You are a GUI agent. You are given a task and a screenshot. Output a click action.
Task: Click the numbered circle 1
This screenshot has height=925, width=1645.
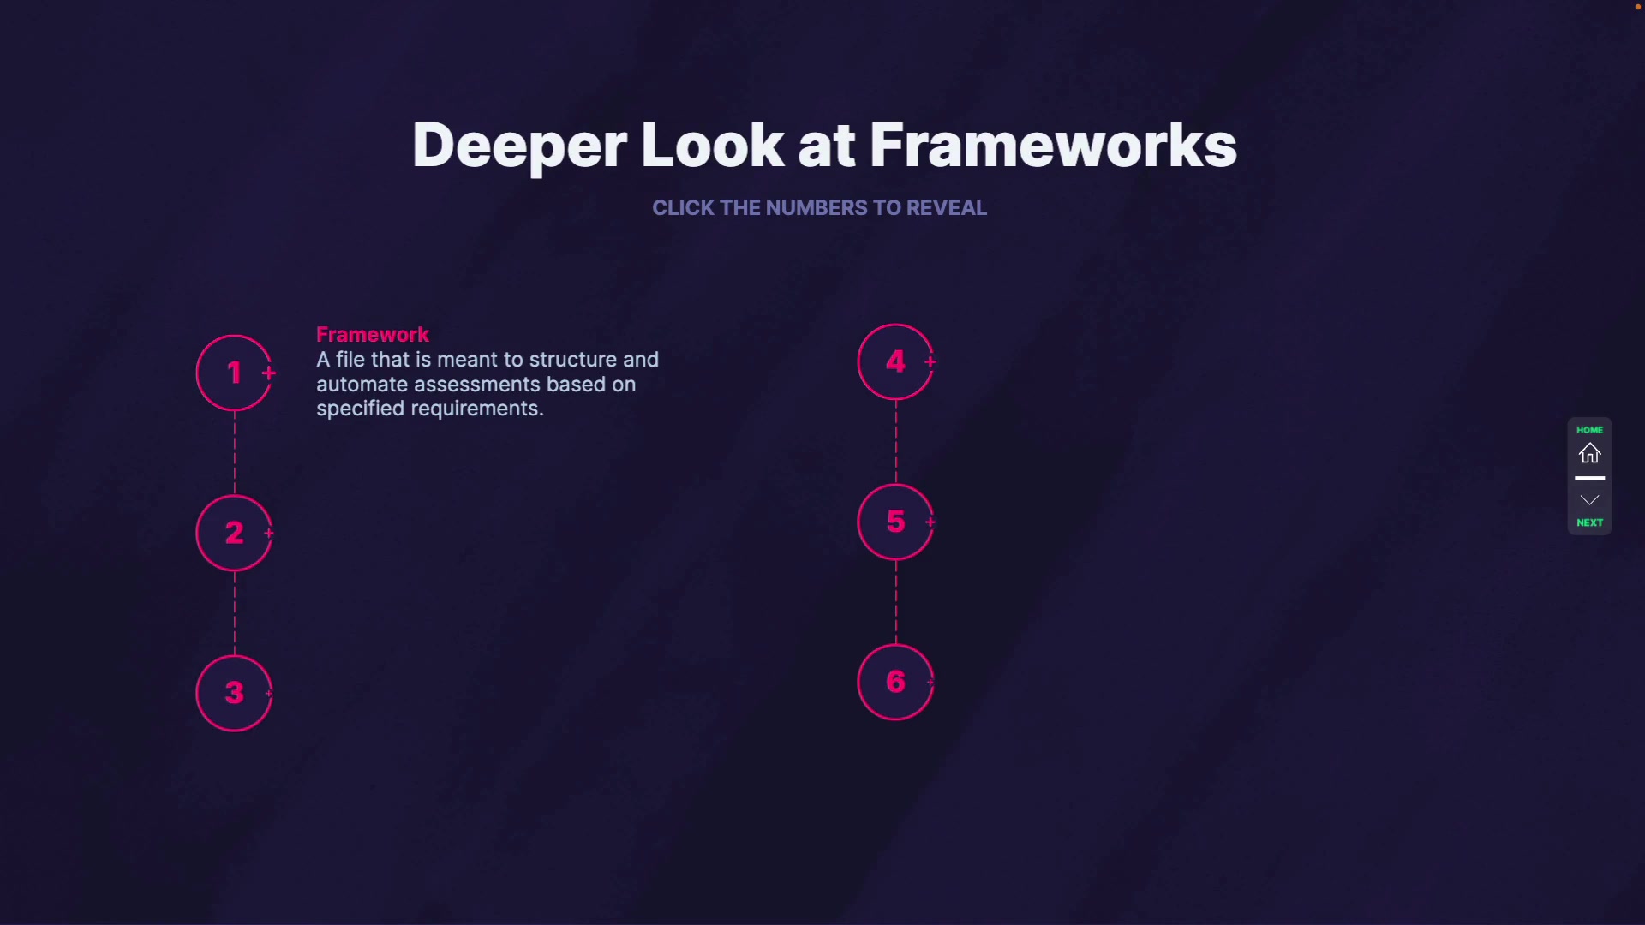point(233,373)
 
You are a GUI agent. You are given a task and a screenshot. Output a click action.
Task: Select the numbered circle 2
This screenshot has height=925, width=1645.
point(233,533)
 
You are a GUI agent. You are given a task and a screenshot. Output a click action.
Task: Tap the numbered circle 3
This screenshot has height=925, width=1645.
point(233,693)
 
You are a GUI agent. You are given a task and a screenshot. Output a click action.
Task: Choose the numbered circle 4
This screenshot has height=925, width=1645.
point(894,361)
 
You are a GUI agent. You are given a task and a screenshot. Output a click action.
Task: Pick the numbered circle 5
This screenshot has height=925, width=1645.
point(894,522)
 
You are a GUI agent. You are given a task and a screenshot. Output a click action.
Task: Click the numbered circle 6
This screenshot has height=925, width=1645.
point(894,682)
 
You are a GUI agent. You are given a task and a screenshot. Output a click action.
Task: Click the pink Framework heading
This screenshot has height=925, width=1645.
point(372,334)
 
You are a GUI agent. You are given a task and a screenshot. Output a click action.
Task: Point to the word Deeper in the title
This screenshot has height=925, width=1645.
point(519,146)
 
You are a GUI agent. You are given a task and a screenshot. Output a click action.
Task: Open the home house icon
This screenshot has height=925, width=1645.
point(1589,453)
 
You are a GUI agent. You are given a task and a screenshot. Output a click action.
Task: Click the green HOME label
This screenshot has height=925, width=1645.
point(1589,430)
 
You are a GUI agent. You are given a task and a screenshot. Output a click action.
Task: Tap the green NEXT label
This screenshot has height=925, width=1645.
point(1589,522)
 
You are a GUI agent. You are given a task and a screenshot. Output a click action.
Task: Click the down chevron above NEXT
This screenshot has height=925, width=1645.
point(1589,500)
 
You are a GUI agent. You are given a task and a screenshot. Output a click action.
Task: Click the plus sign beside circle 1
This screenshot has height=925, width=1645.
point(269,373)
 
